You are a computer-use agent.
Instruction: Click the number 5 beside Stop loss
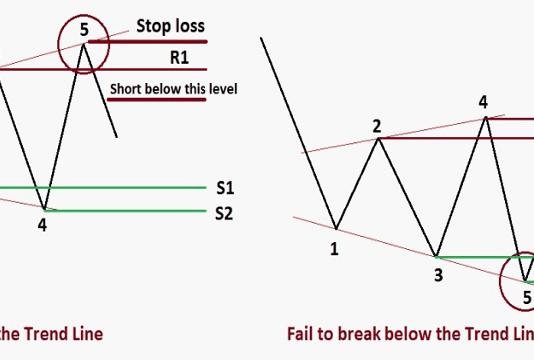85,29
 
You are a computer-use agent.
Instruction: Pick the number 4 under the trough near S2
42,224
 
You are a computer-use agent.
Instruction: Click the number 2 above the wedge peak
377,125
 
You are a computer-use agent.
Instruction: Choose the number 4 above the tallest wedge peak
483,102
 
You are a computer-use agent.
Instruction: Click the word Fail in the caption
304,332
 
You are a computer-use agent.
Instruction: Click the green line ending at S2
130,210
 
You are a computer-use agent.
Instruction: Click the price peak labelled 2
378,138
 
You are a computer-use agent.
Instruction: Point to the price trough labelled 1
335,229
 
